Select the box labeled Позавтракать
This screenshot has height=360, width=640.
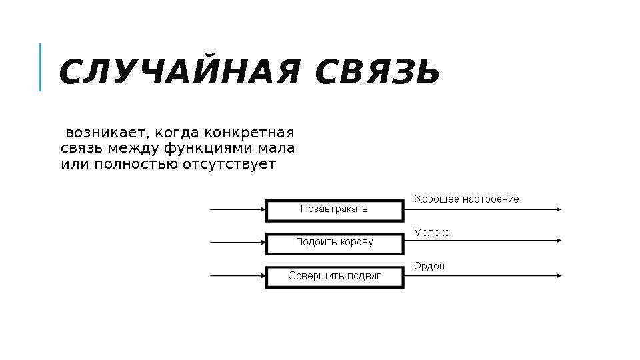coord(335,209)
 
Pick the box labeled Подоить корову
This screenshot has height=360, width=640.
coord(335,243)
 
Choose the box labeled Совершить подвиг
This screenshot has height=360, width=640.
coord(335,276)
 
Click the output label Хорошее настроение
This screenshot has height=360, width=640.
coord(467,199)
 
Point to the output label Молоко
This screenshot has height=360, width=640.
coord(432,233)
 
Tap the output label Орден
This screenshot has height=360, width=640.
coord(429,266)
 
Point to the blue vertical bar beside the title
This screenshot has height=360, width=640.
coord(41,67)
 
